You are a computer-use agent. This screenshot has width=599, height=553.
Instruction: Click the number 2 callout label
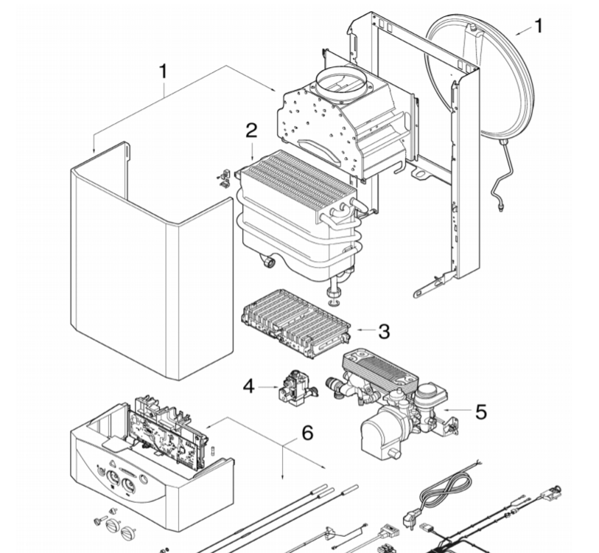(251, 131)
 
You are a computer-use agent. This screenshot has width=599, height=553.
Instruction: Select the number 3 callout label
(385, 331)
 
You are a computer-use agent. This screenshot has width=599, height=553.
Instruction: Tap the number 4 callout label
(249, 386)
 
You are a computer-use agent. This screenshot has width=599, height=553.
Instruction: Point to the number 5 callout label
(481, 412)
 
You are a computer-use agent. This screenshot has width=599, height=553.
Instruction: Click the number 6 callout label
(307, 433)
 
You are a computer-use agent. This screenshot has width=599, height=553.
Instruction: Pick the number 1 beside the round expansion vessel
(539, 26)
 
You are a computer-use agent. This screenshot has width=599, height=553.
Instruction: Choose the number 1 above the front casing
(164, 72)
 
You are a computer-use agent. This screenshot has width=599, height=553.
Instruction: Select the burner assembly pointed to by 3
(296, 324)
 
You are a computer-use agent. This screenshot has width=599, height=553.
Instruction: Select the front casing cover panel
(152, 260)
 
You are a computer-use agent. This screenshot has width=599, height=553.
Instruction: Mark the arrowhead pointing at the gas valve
(277, 387)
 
